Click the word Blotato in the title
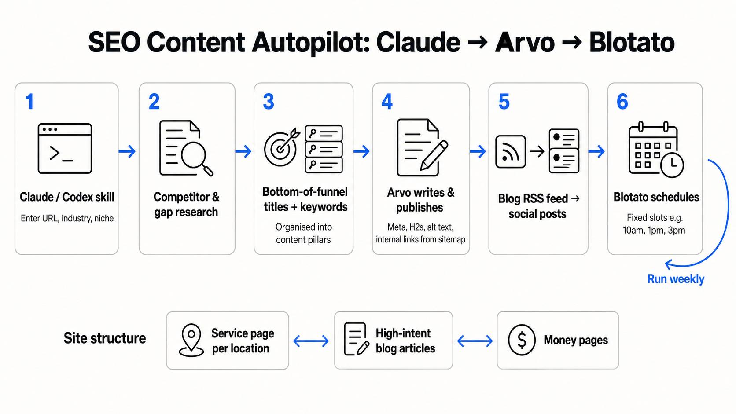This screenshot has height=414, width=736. [632, 42]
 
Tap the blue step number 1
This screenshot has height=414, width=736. [30, 102]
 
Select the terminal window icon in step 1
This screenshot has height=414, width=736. [65, 148]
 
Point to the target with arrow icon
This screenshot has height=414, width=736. [282, 147]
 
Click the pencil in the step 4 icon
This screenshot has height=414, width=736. [434, 155]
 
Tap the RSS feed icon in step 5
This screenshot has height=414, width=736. [510, 151]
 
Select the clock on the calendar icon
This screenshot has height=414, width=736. [672, 165]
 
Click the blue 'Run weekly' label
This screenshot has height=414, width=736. [676, 279]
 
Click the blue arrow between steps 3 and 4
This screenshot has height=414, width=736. [361, 151]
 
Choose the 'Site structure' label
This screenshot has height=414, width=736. [105, 338]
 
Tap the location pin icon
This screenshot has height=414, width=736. [191, 340]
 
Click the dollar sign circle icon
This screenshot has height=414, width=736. [522, 340]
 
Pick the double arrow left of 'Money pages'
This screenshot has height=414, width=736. [475, 341]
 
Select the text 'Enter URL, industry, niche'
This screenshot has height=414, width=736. [67, 218]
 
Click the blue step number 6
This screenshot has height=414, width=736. [622, 102]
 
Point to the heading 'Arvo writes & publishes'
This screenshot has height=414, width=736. [420, 200]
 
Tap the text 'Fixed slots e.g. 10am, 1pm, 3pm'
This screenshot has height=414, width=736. [654, 224]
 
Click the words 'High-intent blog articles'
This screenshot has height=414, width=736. [405, 341]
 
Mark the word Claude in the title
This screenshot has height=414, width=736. [418, 42]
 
